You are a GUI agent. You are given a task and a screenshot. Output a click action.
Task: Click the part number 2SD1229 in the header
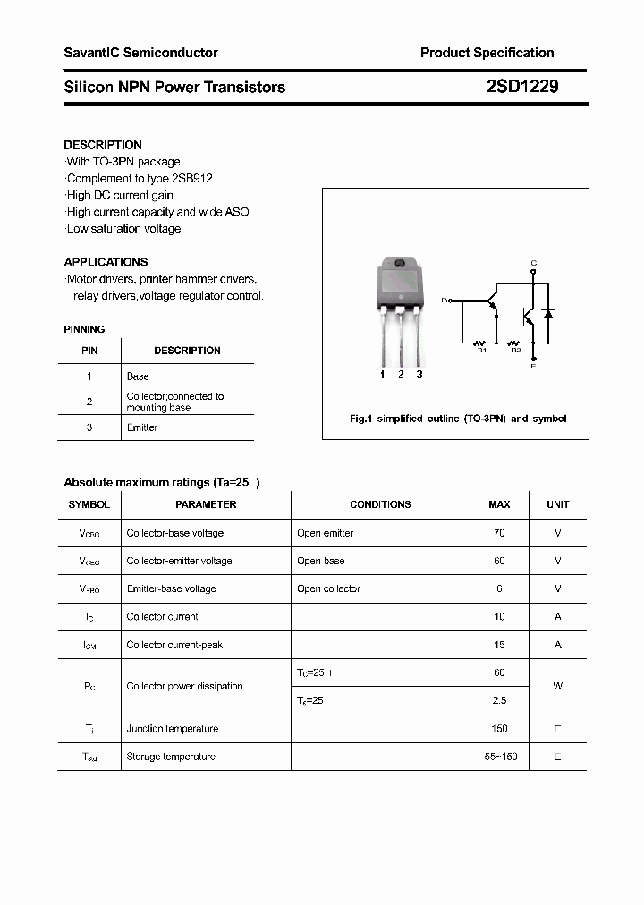click(x=523, y=87)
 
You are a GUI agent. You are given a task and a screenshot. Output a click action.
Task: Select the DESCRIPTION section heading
click(x=103, y=145)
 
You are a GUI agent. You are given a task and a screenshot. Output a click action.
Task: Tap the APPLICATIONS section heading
click(x=106, y=262)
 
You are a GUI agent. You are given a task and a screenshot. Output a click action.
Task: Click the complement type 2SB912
click(x=191, y=178)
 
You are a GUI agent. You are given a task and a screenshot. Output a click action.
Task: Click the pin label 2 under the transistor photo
click(x=401, y=375)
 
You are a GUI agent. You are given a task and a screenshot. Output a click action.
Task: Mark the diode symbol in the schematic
click(x=548, y=314)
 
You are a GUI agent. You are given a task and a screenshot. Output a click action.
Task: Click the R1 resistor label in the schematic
click(x=480, y=350)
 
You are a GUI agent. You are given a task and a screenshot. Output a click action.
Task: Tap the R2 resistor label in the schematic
click(x=515, y=350)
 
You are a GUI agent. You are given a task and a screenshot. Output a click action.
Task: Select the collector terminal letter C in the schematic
click(x=534, y=263)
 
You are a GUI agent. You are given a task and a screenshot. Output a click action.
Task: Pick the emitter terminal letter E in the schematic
click(x=534, y=366)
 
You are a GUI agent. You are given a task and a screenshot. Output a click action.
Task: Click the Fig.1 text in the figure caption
click(x=360, y=419)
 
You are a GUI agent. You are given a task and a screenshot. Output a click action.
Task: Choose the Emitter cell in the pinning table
click(x=142, y=427)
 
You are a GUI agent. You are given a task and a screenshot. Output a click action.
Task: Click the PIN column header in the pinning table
click(x=89, y=351)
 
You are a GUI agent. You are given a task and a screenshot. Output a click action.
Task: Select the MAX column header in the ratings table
click(x=499, y=504)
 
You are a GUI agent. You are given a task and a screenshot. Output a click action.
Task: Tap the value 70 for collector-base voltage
click(x=499, y=533)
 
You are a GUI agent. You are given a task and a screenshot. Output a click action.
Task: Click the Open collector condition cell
click(x=328, y=588)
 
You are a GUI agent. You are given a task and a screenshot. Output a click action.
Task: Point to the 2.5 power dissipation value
click(x=499, y=700)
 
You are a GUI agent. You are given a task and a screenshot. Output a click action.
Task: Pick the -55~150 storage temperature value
click(x=499, y=757)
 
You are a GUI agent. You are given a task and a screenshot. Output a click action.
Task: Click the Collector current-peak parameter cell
click(x=174, y=645)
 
